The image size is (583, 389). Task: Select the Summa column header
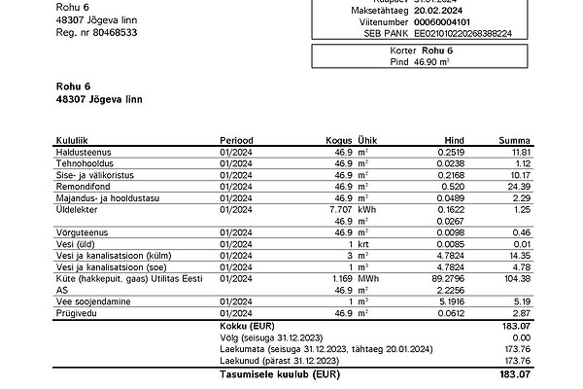(514, 141)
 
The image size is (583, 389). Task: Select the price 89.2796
(437, 279)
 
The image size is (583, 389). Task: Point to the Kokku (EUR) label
(250, 327)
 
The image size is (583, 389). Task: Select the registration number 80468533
(110, 32)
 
